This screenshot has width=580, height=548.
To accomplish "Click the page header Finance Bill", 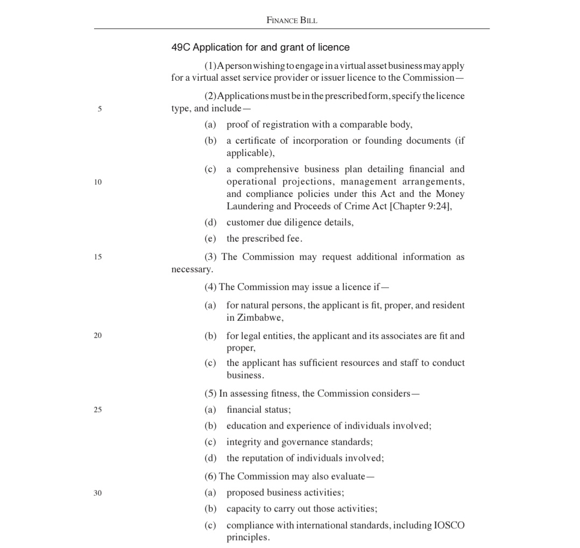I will pyautogui.click(x=292, y=20).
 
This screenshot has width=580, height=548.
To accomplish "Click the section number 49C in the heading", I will pyautogui.click(x=180, y=47).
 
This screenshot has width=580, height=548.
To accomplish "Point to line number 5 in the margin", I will pyautogui.click(x=100, y=109).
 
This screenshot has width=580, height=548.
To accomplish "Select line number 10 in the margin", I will pyautogui.click(x=97, y=182).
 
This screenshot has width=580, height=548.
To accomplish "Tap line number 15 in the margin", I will pyautogui.click(x=97, y=257).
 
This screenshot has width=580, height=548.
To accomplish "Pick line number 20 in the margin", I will pyautogui.click(x=97, y=335).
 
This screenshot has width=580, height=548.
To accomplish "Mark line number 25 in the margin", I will pyautogui.click(x=97, y=410).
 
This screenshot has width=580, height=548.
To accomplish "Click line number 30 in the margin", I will pyautogui.click(x=97, y=493).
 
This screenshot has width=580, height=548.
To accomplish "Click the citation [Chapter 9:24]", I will pyautogui.click(x=420, y=206).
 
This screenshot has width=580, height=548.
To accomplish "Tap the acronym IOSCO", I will pyautogui.click(x=449, y=525).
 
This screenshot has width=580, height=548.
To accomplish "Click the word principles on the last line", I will pyautogui.click(x=247, y=537).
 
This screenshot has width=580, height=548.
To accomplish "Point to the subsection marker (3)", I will pyautogui.click(x=210, y=257).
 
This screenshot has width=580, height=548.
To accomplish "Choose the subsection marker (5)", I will pyautogui.click(x=210, y=394).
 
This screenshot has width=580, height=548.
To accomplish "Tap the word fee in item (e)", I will pyautogui.click(x=294, y=238).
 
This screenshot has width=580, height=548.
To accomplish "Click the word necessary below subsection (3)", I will pyautogui.click(x=191, y=269).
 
